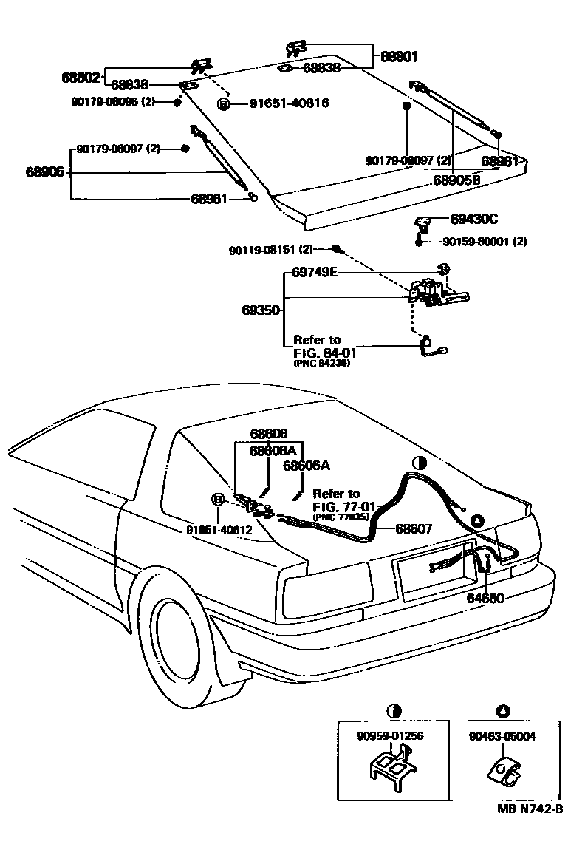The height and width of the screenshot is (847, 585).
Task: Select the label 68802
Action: (80, 76)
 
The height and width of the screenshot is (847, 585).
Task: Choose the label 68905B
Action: (456, 180)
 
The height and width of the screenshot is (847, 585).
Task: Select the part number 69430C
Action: (474, 219)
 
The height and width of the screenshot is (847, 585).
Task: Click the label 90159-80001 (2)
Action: (485, 242)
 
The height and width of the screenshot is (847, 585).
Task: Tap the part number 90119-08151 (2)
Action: (270, 250)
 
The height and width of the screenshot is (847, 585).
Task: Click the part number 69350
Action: (261, 310)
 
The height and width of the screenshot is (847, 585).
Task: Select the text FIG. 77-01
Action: (345, 506)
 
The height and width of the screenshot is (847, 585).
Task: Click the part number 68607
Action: (414, 528)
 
